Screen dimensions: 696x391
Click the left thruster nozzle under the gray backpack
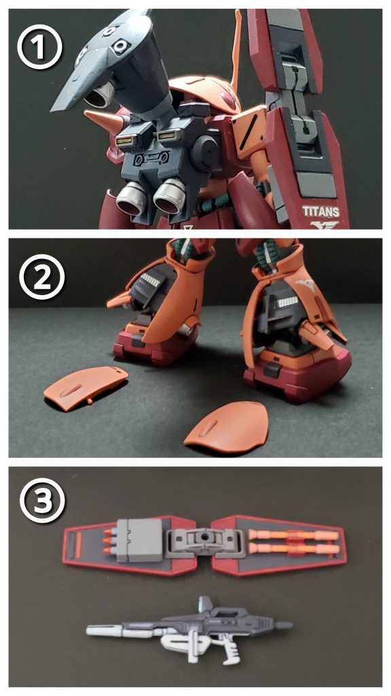(x=127, y=200)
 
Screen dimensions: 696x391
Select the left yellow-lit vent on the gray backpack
(x=125, y=141)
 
